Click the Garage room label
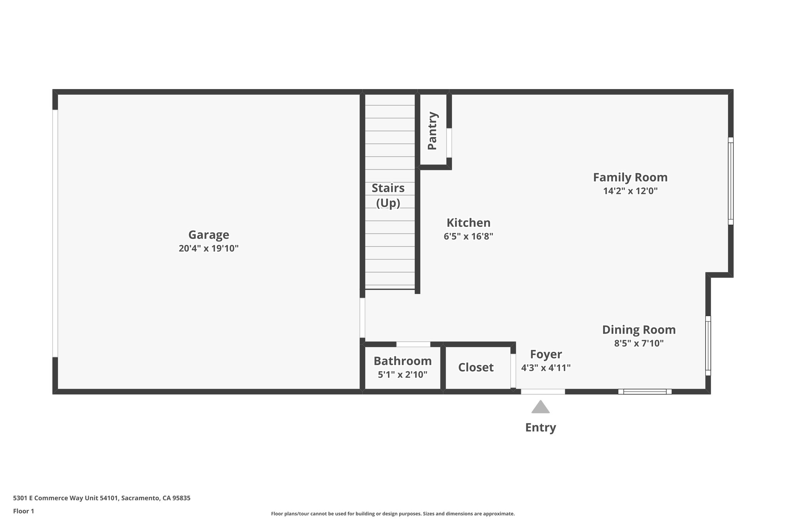point(208,235)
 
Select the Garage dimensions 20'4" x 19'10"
point(208,248)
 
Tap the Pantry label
point(432,131)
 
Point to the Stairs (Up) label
point(388,195)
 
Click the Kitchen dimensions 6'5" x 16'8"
point(468,236)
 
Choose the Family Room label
point(630,177)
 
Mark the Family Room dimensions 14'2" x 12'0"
point(630,191)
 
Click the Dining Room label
point(639,330)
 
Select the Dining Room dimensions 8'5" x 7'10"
point(639,343)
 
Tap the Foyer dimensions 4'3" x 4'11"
point(546,368)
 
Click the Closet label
point(476,367)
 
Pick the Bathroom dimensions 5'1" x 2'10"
point(403,375)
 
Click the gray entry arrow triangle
point(540,408)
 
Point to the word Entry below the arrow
point(540,427)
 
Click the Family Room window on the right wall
point(731,181)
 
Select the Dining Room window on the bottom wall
point(645,392)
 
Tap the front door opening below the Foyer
point(543,392)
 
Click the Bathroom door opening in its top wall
point(413,344)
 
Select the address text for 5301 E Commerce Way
point(102,498)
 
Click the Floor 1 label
point(23,511)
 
